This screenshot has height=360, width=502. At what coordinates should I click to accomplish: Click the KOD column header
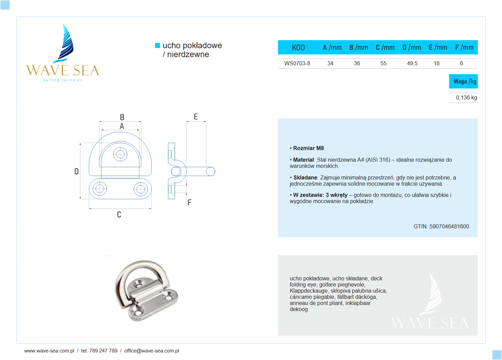(298, 48)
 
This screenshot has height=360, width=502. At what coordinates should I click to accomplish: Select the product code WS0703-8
(297, 63)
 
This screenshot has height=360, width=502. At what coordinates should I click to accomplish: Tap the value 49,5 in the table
(412, 63)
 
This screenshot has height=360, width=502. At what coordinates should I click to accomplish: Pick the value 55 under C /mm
(383, 63)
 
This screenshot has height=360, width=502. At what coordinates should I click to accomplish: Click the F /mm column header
(464, 48)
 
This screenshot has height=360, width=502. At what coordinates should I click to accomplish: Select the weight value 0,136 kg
(466, 97)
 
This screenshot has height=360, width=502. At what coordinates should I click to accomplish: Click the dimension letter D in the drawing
(77, 171)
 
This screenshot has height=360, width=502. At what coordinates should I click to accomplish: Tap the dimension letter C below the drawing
(119, 215)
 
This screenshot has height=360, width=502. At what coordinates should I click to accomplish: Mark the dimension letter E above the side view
(196, 117)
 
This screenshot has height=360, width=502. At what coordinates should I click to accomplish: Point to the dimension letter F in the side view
(189, 202)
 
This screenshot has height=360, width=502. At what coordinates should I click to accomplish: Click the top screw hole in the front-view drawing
(120, 154)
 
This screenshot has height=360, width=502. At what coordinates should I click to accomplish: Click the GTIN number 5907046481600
(449, 226)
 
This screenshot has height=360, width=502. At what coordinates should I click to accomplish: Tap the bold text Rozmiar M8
(308, 148)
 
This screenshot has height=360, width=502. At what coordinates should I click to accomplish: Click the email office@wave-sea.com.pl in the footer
(151, 351)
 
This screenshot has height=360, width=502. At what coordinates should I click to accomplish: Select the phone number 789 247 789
(103, 351)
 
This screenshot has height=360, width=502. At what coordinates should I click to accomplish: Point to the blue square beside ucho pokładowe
(158, 45)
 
